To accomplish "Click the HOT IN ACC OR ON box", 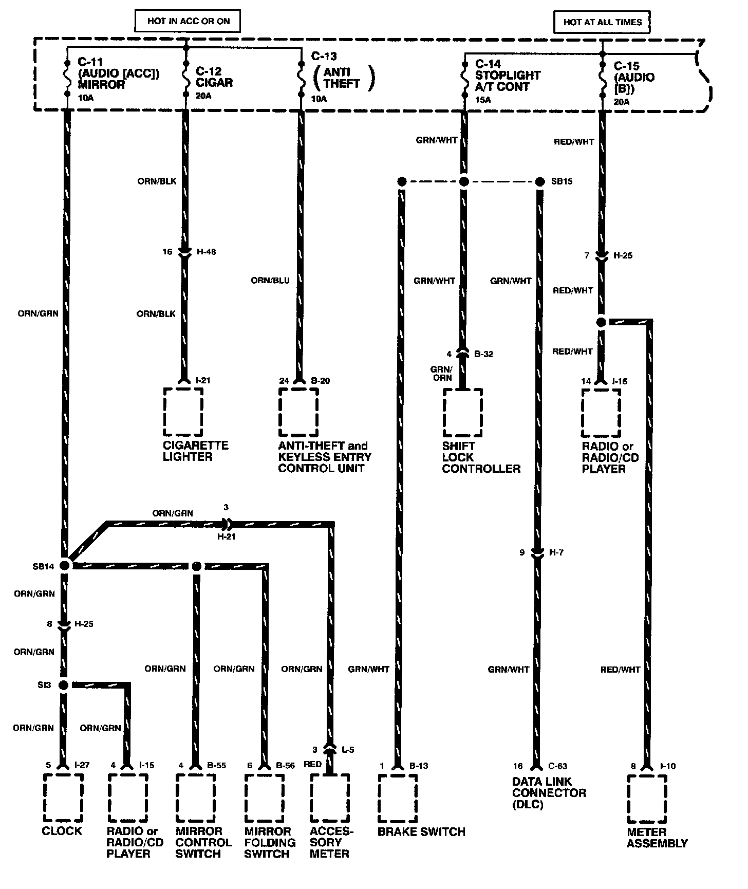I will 188,22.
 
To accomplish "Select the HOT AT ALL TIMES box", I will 602,22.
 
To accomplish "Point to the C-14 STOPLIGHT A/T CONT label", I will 508,76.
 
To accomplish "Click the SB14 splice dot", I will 65,565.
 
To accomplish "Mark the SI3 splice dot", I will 64,685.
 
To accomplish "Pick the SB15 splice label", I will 561,181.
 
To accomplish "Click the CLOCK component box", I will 63,798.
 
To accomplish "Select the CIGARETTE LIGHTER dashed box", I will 183,411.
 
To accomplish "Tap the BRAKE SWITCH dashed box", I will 398,798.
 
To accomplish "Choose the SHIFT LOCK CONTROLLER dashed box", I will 463,412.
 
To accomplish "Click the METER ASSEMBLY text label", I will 657,838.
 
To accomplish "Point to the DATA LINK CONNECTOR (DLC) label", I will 549,792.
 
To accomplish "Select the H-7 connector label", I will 556,553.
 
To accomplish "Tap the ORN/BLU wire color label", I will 270,281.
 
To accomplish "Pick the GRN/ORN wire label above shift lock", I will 441,374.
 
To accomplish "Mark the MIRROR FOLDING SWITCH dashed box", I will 264,798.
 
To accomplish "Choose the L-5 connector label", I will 347,750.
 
